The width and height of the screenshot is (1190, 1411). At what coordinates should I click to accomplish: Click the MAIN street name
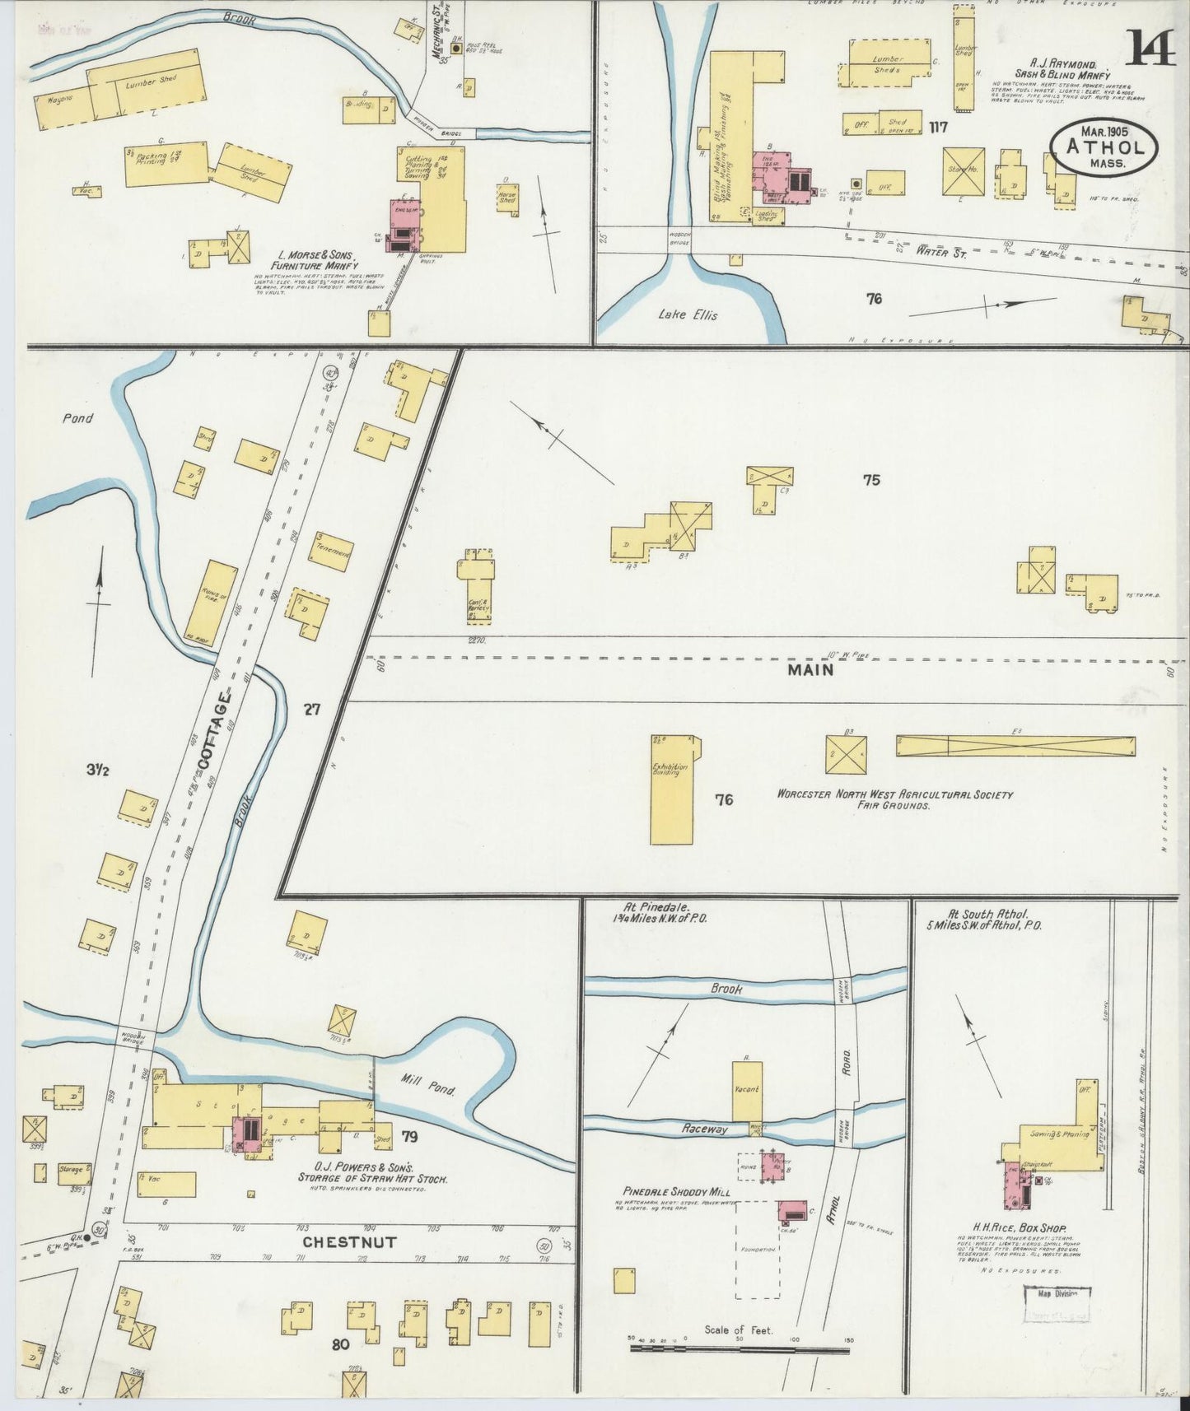pos(810,670)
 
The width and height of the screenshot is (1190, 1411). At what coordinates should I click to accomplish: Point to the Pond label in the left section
pos(77,418)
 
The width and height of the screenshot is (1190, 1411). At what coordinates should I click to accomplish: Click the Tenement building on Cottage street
pos(331,552)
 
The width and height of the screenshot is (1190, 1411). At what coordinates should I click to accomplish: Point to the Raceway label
pos(706,1129)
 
